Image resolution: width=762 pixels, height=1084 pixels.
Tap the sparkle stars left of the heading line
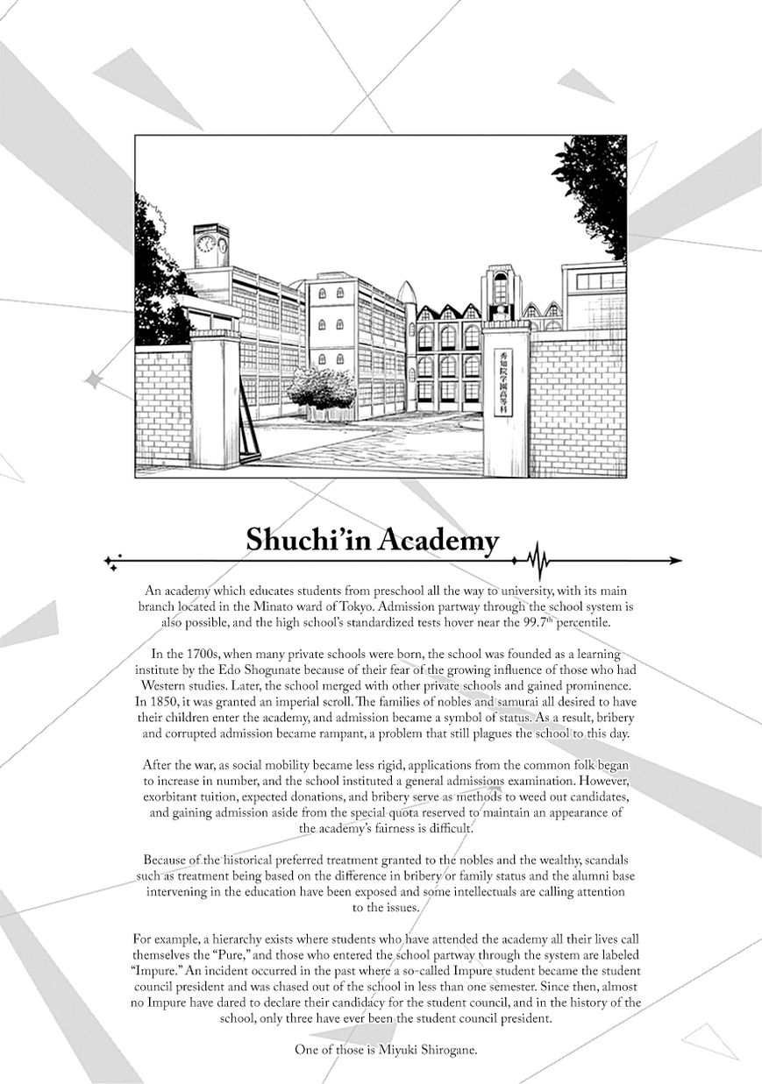[x=112, y=561]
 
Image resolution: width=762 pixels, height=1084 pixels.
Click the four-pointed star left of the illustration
[x=90, y=379]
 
